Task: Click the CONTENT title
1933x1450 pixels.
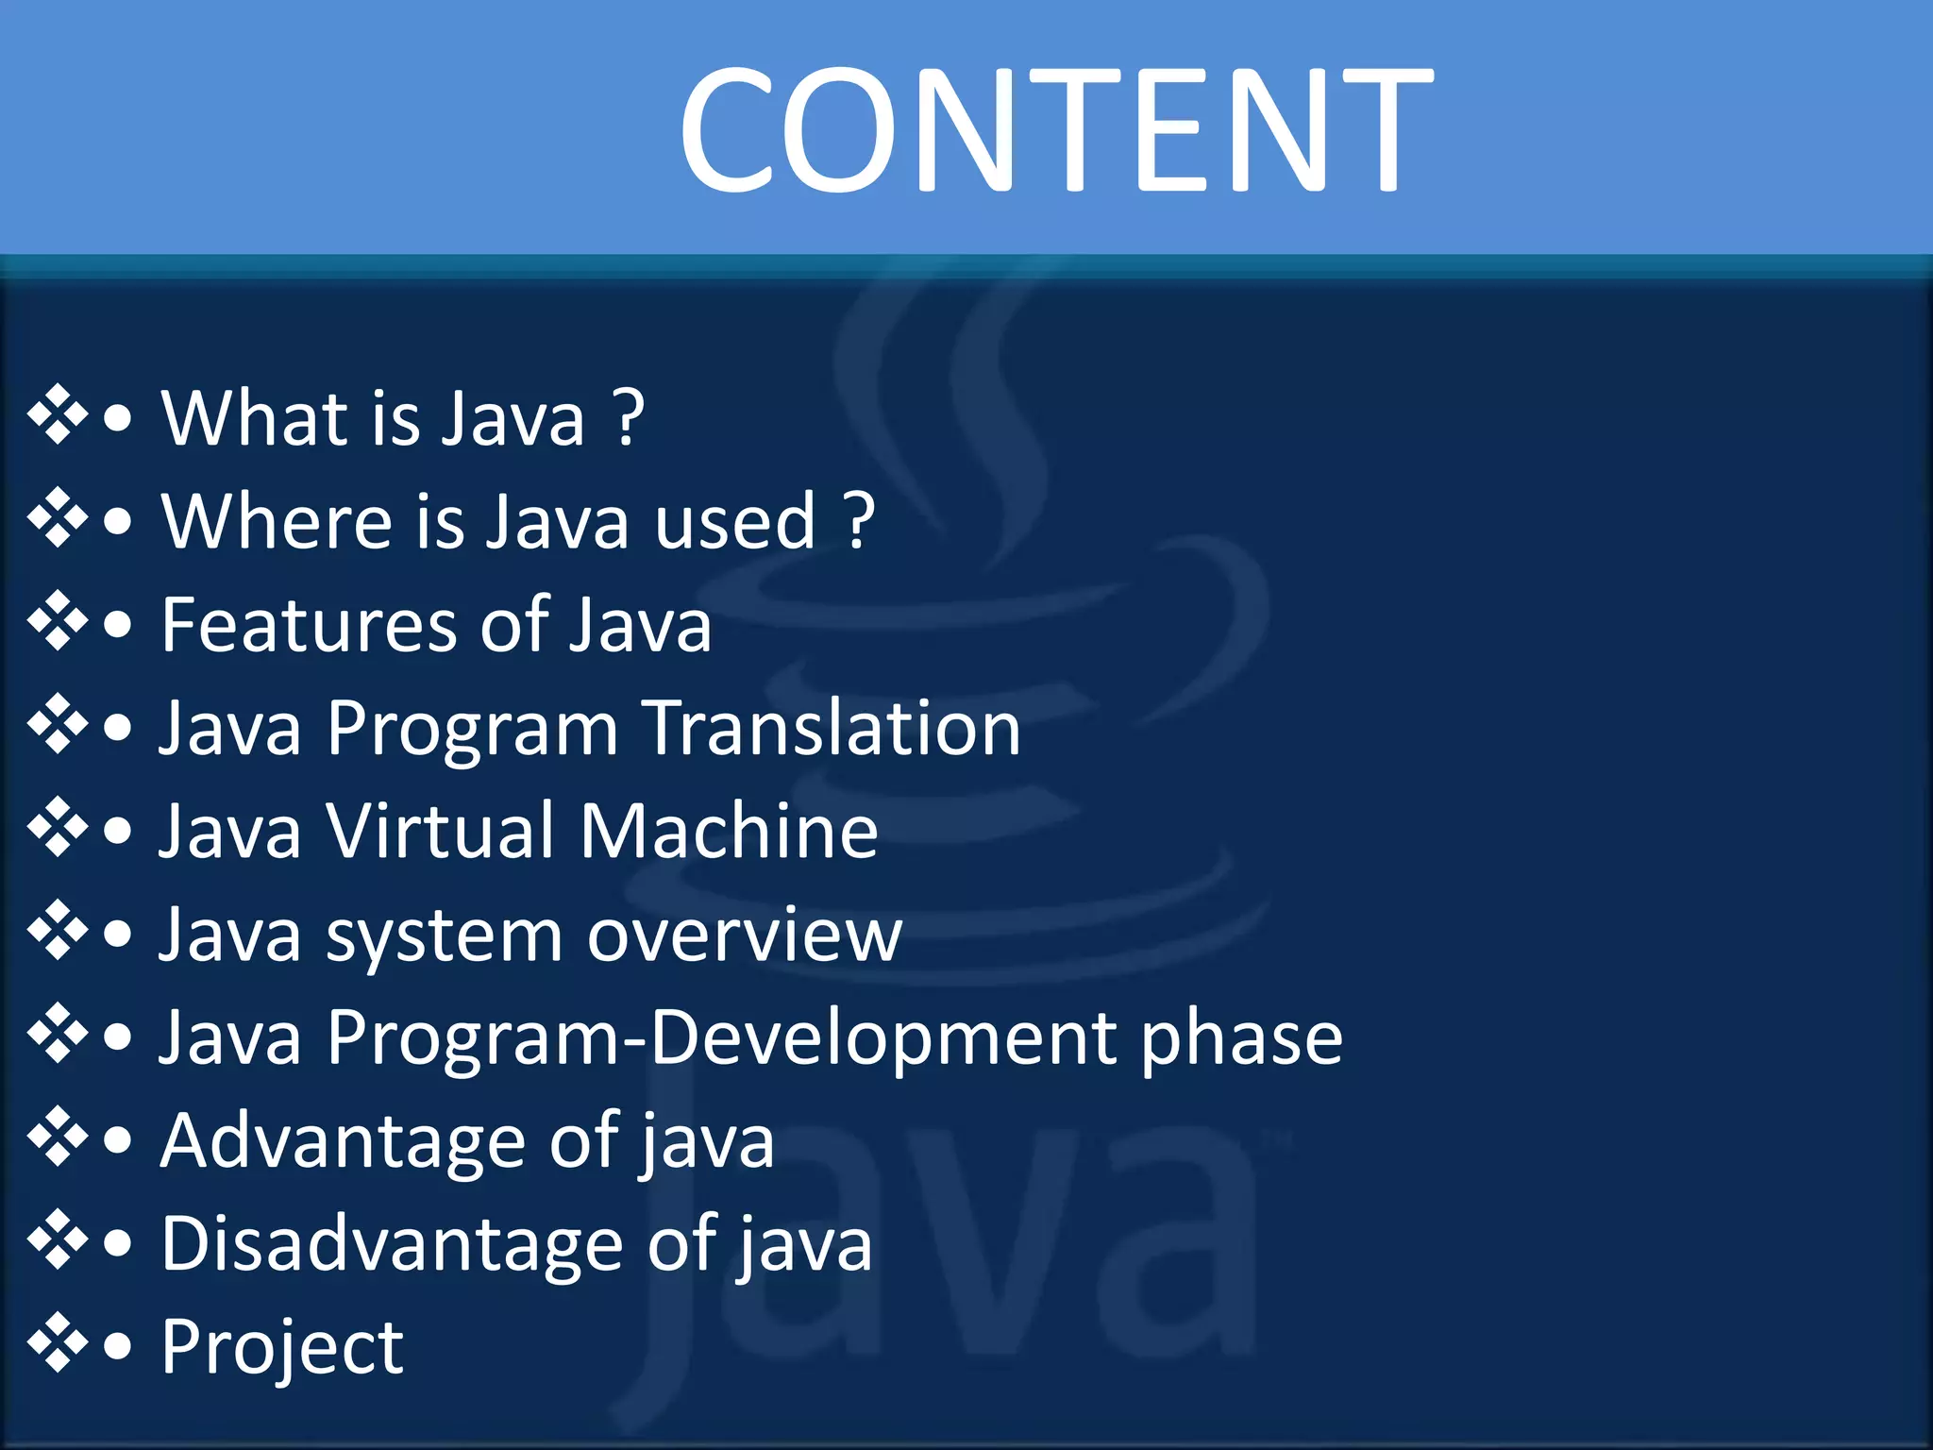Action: coord(1055,129)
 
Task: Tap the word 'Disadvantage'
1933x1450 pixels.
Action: coord(391,1244)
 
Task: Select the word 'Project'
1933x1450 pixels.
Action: coord(282,1348)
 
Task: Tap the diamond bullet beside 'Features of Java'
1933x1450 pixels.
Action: coord(58,620)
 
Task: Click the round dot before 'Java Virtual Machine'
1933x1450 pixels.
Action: coord(118,832)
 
